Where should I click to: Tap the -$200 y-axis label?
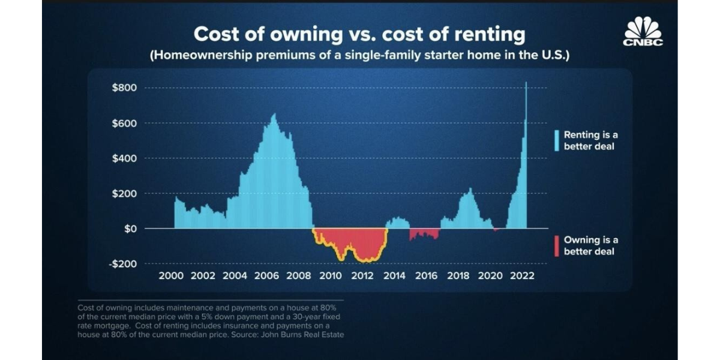click(x=124, y=264)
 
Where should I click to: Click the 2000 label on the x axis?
click(x=170, y=276)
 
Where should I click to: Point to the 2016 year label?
click(x=426, y=276)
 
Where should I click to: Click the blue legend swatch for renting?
click(x=557, y=140)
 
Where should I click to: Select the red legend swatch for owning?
click(x=557, y=245)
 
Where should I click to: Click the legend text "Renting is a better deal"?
click(x=590, y=140)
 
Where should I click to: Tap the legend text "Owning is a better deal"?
click(x=590, y=245)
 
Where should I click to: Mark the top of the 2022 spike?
click(x=526, y=83)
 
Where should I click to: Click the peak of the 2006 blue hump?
click(x=274, y=115)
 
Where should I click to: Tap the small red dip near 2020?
click(x=496, y=230)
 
